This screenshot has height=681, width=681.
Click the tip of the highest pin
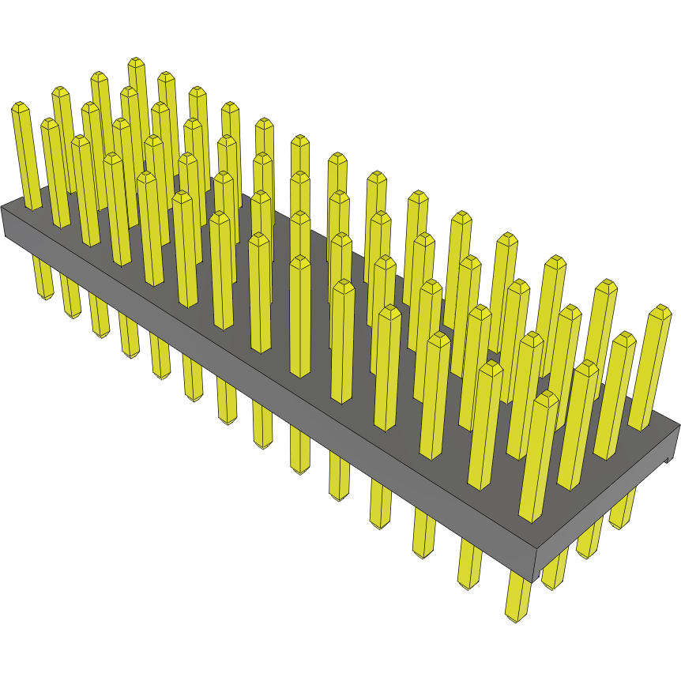point(136,61)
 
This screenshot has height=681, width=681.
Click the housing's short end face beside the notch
point(608,506)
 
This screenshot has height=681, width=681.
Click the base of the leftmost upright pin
point(32,207)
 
